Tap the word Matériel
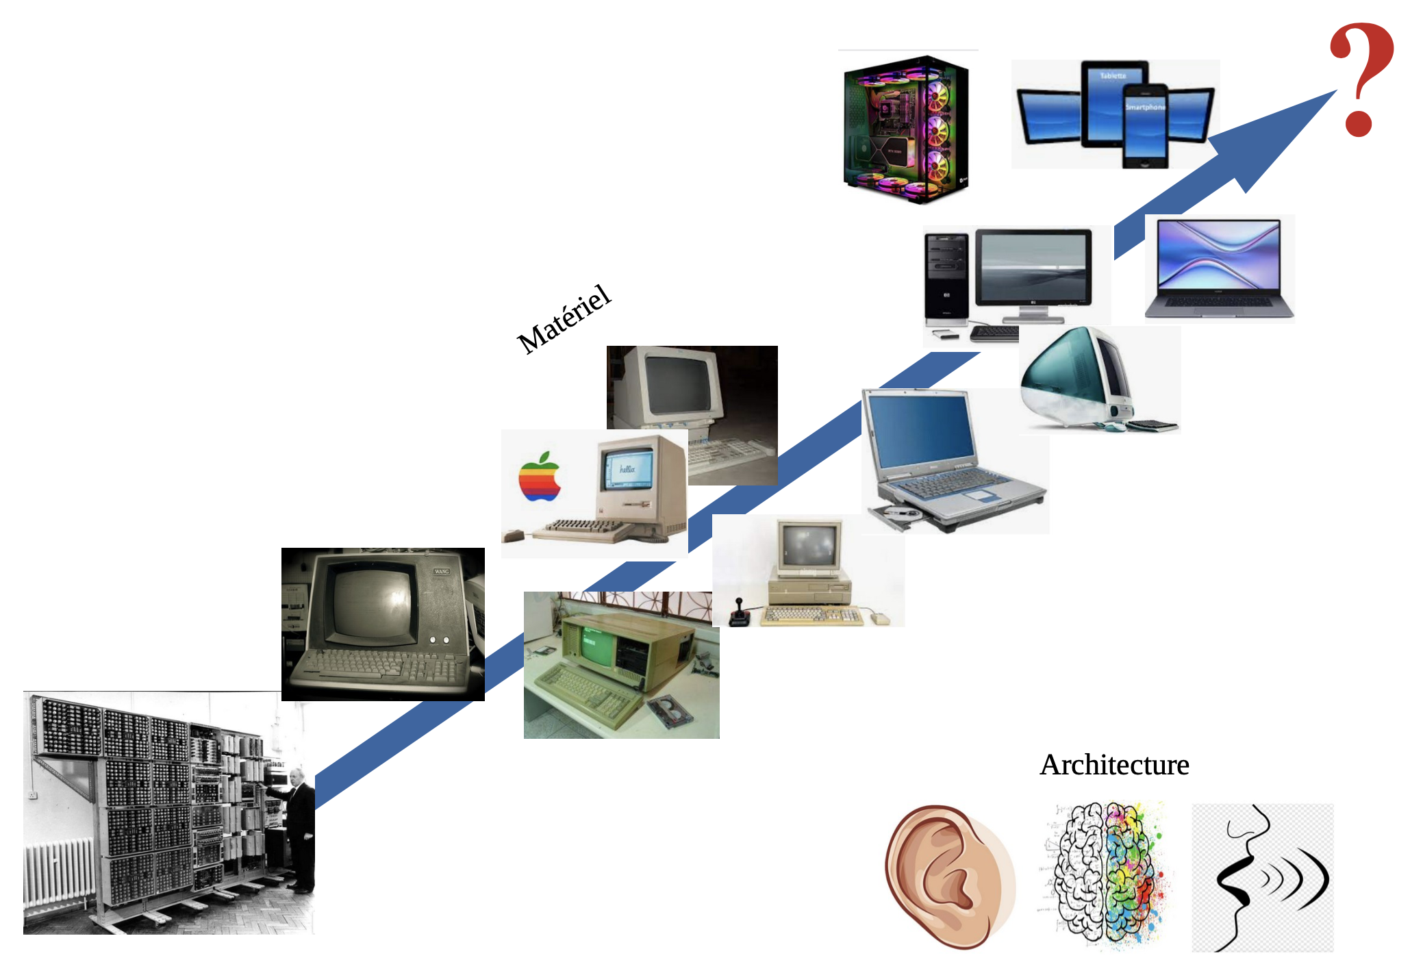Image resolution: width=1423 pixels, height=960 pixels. point(564,319)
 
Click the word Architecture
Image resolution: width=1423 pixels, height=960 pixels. point(1114,765)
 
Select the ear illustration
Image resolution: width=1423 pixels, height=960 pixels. point(948,876)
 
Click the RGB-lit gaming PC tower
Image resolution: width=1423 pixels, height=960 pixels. point(905,129)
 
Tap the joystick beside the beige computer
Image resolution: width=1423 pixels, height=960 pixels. point(739,612)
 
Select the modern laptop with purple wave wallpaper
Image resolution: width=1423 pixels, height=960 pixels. point(1218,267)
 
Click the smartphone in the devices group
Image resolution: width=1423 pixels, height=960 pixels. point(1144,127)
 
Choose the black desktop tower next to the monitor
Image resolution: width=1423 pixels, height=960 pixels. point(946,277)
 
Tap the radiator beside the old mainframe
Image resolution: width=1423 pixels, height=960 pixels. point(58,873)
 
